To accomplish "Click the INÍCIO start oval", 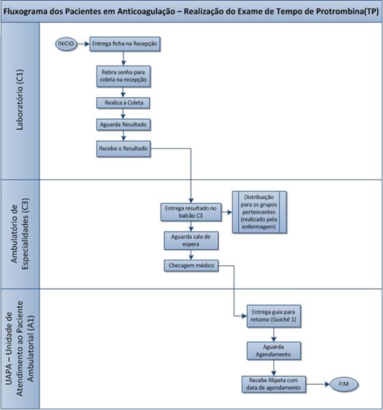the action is click(66, 44).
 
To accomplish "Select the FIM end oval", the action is click(344, 384).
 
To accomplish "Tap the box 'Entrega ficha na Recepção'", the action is click(125, 44).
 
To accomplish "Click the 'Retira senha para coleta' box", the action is click(124, 76).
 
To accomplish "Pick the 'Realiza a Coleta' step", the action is click(124, 102).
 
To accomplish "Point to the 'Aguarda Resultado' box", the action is click(124, 125).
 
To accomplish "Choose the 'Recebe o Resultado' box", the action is click(124, 149).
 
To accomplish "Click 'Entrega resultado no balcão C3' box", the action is click(191, 212).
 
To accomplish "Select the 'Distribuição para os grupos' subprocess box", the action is click(259, 212).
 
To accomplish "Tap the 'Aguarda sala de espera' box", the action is click(191, 241).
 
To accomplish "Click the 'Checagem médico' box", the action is click(191, 266).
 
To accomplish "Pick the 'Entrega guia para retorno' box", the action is click(274, 316).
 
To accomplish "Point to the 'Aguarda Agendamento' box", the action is click(274, 351).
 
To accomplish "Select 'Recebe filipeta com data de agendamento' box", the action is click(274, 384).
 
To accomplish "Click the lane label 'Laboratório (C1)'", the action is click(20, 100).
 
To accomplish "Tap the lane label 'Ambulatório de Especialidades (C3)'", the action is click(20, 234).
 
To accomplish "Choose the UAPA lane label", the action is click(20, 348).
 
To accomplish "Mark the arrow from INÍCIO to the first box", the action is click(83, 44).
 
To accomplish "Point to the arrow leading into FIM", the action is click(318, 384).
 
